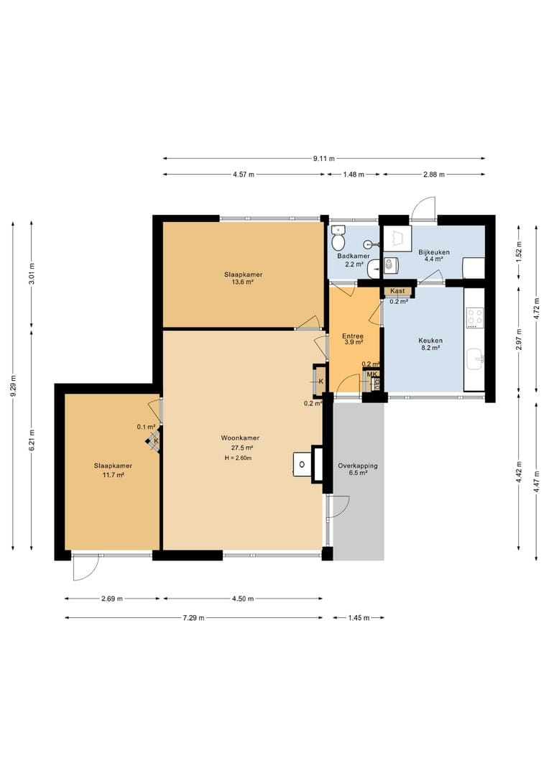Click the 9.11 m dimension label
pos(324,159)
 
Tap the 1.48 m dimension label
pos(354,174)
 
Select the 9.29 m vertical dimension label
pos(14,386)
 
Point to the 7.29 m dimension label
pos(193,618)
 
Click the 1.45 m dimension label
pos(359,618)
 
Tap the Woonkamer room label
pos(240,438)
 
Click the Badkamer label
pos(354,257)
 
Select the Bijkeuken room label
pos(434,252)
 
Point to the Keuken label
pos(430,341)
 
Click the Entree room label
pos(353,336)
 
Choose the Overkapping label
pos(358,466)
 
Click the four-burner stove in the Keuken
pos(474,318)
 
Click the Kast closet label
pos(397,291)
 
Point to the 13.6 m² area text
pos(243,282)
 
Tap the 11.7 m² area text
pos(114,475)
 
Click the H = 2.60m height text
pos(238,458)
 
